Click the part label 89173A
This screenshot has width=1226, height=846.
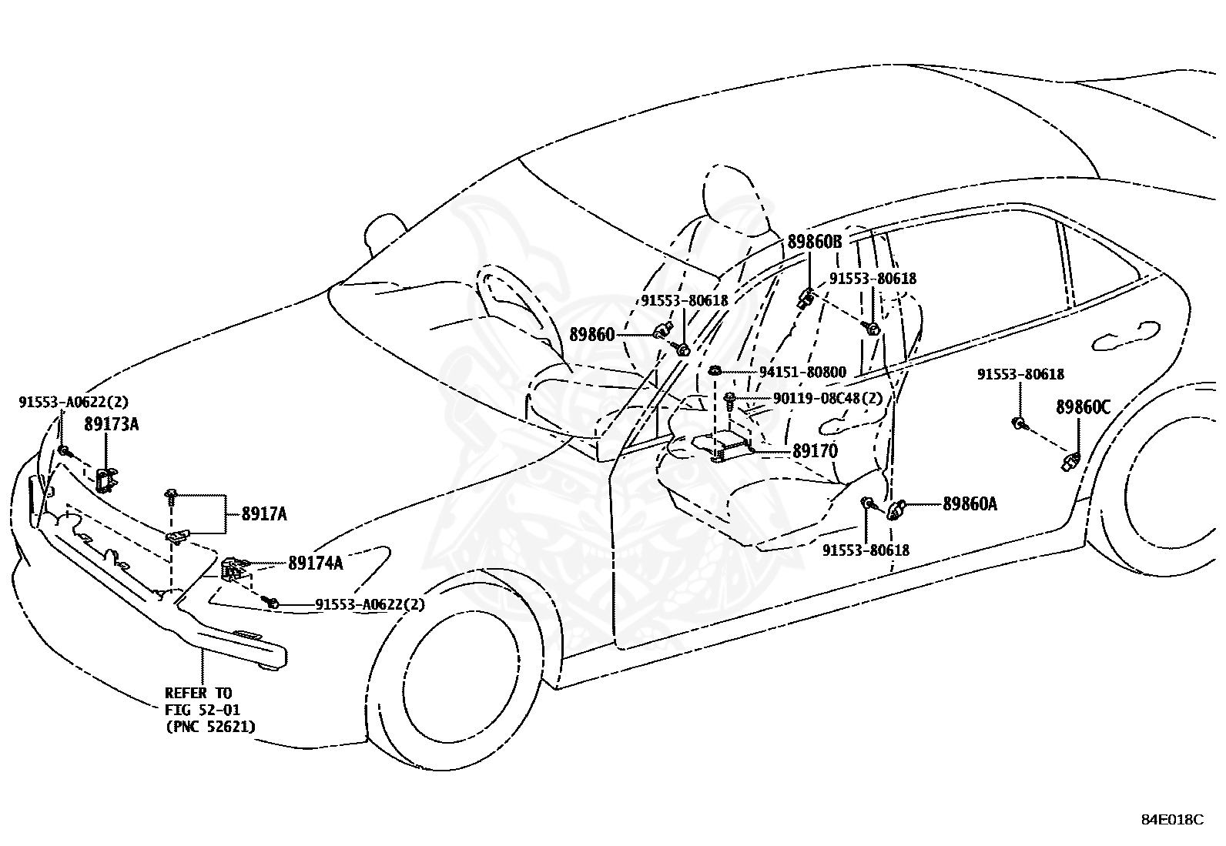pos(111,424)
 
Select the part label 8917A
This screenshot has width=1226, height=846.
pos(264,514)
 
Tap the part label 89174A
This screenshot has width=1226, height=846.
pos(315,563)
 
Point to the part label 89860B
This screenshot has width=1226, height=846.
pos(815,241)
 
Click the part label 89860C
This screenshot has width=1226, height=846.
pos(1084,408)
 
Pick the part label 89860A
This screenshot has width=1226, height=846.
pos(970,504)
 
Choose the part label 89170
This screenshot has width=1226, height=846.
pos(815,451)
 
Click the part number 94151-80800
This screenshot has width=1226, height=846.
pos(802,373)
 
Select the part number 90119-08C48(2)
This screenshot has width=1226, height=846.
pos(828,399)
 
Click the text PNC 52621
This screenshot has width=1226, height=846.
pos(214,727)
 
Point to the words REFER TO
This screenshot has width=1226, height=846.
pos(199,693)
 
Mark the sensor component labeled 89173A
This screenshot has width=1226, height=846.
pos(106,480)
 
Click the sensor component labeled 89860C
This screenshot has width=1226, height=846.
pos(1070,461)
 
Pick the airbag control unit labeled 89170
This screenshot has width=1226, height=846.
pos(722,444)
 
